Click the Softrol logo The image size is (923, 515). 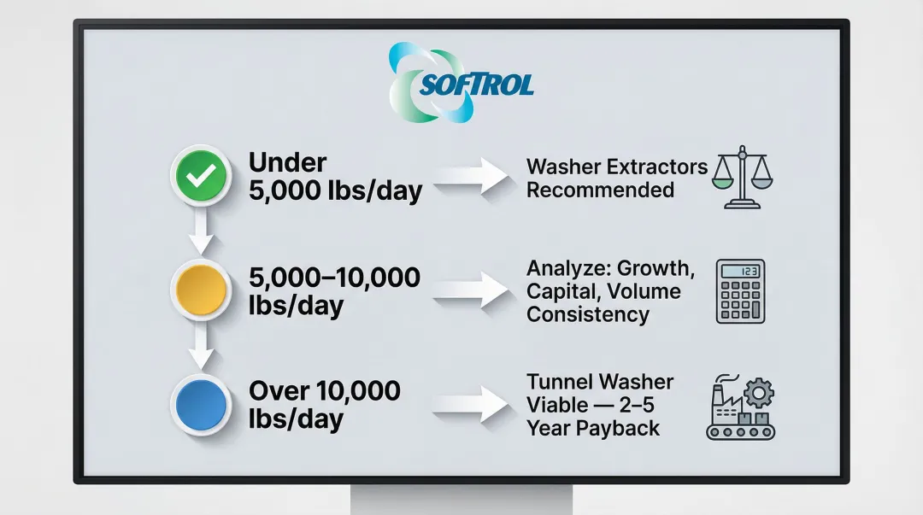[461, 82]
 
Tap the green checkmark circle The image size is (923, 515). [201, 175]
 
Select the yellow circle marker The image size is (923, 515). [201, 290]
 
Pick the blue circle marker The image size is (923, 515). [201, 404]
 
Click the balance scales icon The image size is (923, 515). [742, 177]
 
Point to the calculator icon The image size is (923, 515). [740, 291]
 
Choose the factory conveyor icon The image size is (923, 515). [740, 407]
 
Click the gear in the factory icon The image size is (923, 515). [759, 393]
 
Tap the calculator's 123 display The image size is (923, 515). [740, 272]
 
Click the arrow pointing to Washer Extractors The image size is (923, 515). [471, 176]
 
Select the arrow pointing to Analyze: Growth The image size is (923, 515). [471, 290]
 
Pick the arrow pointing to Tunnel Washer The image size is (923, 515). [471, 404]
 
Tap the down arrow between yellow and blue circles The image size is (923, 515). [201, 346]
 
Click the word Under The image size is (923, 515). [287, 162]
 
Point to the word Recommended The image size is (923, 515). [600, 190]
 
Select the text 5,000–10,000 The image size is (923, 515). [334, 278]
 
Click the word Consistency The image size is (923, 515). [587, 314]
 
